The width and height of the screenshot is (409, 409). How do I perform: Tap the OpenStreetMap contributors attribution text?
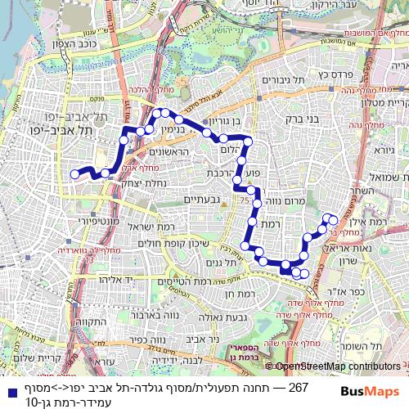pos(338,366)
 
